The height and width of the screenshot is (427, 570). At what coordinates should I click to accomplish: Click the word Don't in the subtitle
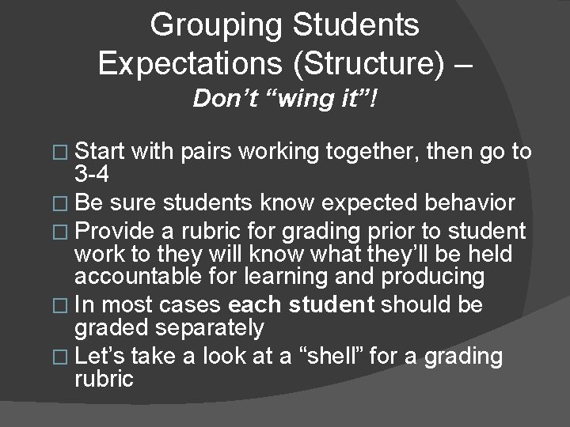pyautogui.click(x=228, y=100)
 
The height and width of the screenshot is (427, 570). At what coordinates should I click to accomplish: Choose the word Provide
pyautogui.click(x=115, y=232)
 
